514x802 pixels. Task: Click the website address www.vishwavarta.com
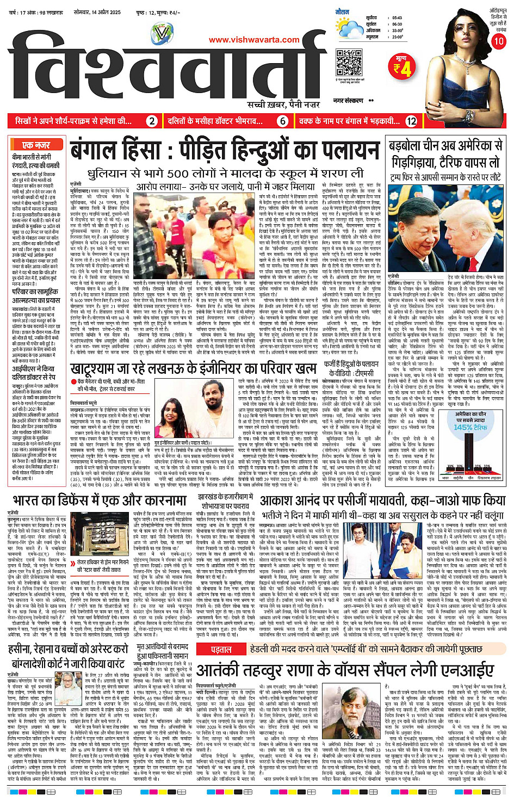254,40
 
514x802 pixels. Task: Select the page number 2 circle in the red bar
153,121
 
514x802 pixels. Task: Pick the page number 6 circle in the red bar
282,121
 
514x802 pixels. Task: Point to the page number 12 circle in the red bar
411,121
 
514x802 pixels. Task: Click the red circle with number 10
498,41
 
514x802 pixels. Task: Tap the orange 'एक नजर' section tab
36,145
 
